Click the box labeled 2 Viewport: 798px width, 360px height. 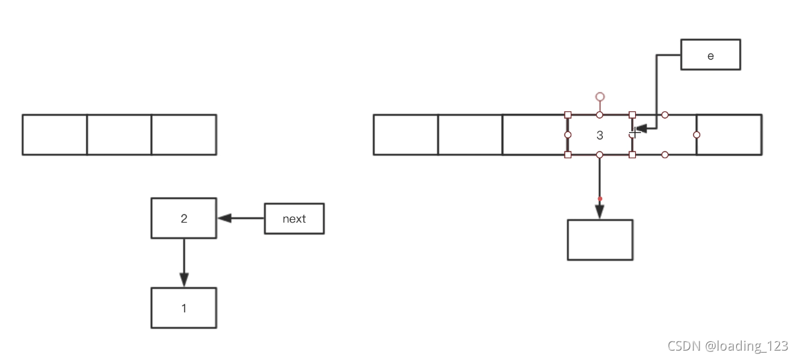184,218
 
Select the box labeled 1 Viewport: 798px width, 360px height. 184,308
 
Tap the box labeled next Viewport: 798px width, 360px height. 294,219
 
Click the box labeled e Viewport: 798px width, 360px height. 710,54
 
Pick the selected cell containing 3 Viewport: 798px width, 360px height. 600,135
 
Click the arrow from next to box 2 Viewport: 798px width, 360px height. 241,218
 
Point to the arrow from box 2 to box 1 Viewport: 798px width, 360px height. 184,262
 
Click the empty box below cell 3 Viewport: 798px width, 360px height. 600,239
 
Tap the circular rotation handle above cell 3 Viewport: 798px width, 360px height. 600,97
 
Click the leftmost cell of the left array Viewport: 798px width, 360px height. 54,135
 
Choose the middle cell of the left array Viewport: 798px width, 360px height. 119,135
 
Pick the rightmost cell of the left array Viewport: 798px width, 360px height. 184,135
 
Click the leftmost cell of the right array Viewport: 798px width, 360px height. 405,135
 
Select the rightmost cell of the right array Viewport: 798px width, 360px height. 729,135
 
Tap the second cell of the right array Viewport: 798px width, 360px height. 469,135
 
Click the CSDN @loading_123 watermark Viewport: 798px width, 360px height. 728,346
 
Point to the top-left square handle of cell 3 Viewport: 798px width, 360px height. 568,115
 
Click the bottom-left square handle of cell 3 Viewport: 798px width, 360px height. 568,155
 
